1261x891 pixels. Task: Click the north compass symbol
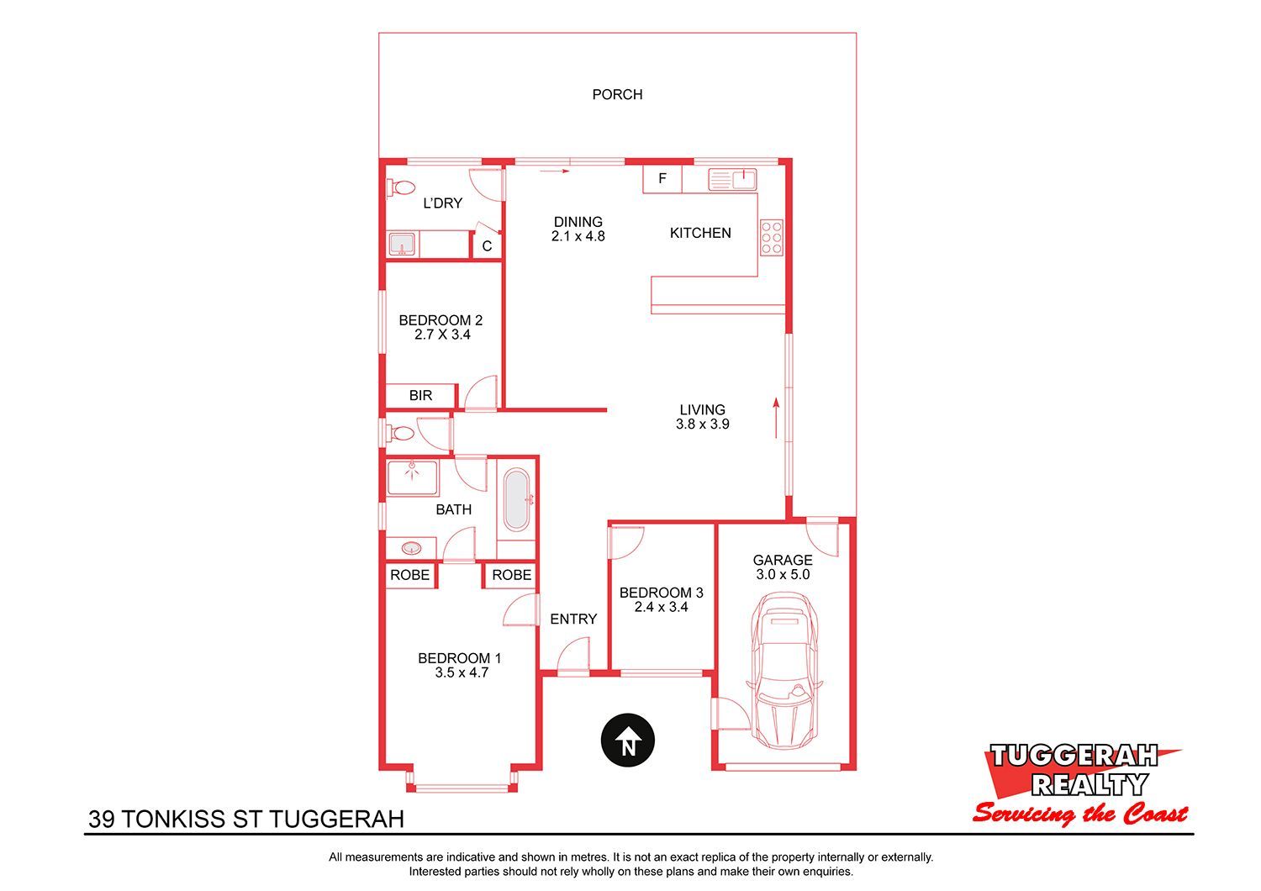pos(628,741)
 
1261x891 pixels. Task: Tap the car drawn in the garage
pos(784,670)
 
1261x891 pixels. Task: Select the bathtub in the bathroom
pos(515,500)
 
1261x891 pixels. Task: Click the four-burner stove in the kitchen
pos(771,238)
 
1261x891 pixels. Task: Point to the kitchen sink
pos(732,180)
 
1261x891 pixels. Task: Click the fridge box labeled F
pos(662,179)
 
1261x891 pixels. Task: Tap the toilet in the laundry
pos(400,187)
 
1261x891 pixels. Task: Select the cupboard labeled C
pos(487,245)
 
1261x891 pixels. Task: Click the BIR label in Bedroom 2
pos(420,395)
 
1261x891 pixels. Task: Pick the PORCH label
pos(617,94)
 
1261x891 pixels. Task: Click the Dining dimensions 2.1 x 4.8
pos(578,236)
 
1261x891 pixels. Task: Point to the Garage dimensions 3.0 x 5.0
pos(783,574)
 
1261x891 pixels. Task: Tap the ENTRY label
pos(573,619)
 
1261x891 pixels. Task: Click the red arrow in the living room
pos(776,418)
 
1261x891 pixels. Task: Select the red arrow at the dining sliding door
pos(554,171)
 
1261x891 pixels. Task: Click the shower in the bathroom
pos(413,478)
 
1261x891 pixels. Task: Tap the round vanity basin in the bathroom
pos(411,548)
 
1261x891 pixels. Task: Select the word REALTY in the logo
pos(1090,784)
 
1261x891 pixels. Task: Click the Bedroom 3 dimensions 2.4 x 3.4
pos(661,607)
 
